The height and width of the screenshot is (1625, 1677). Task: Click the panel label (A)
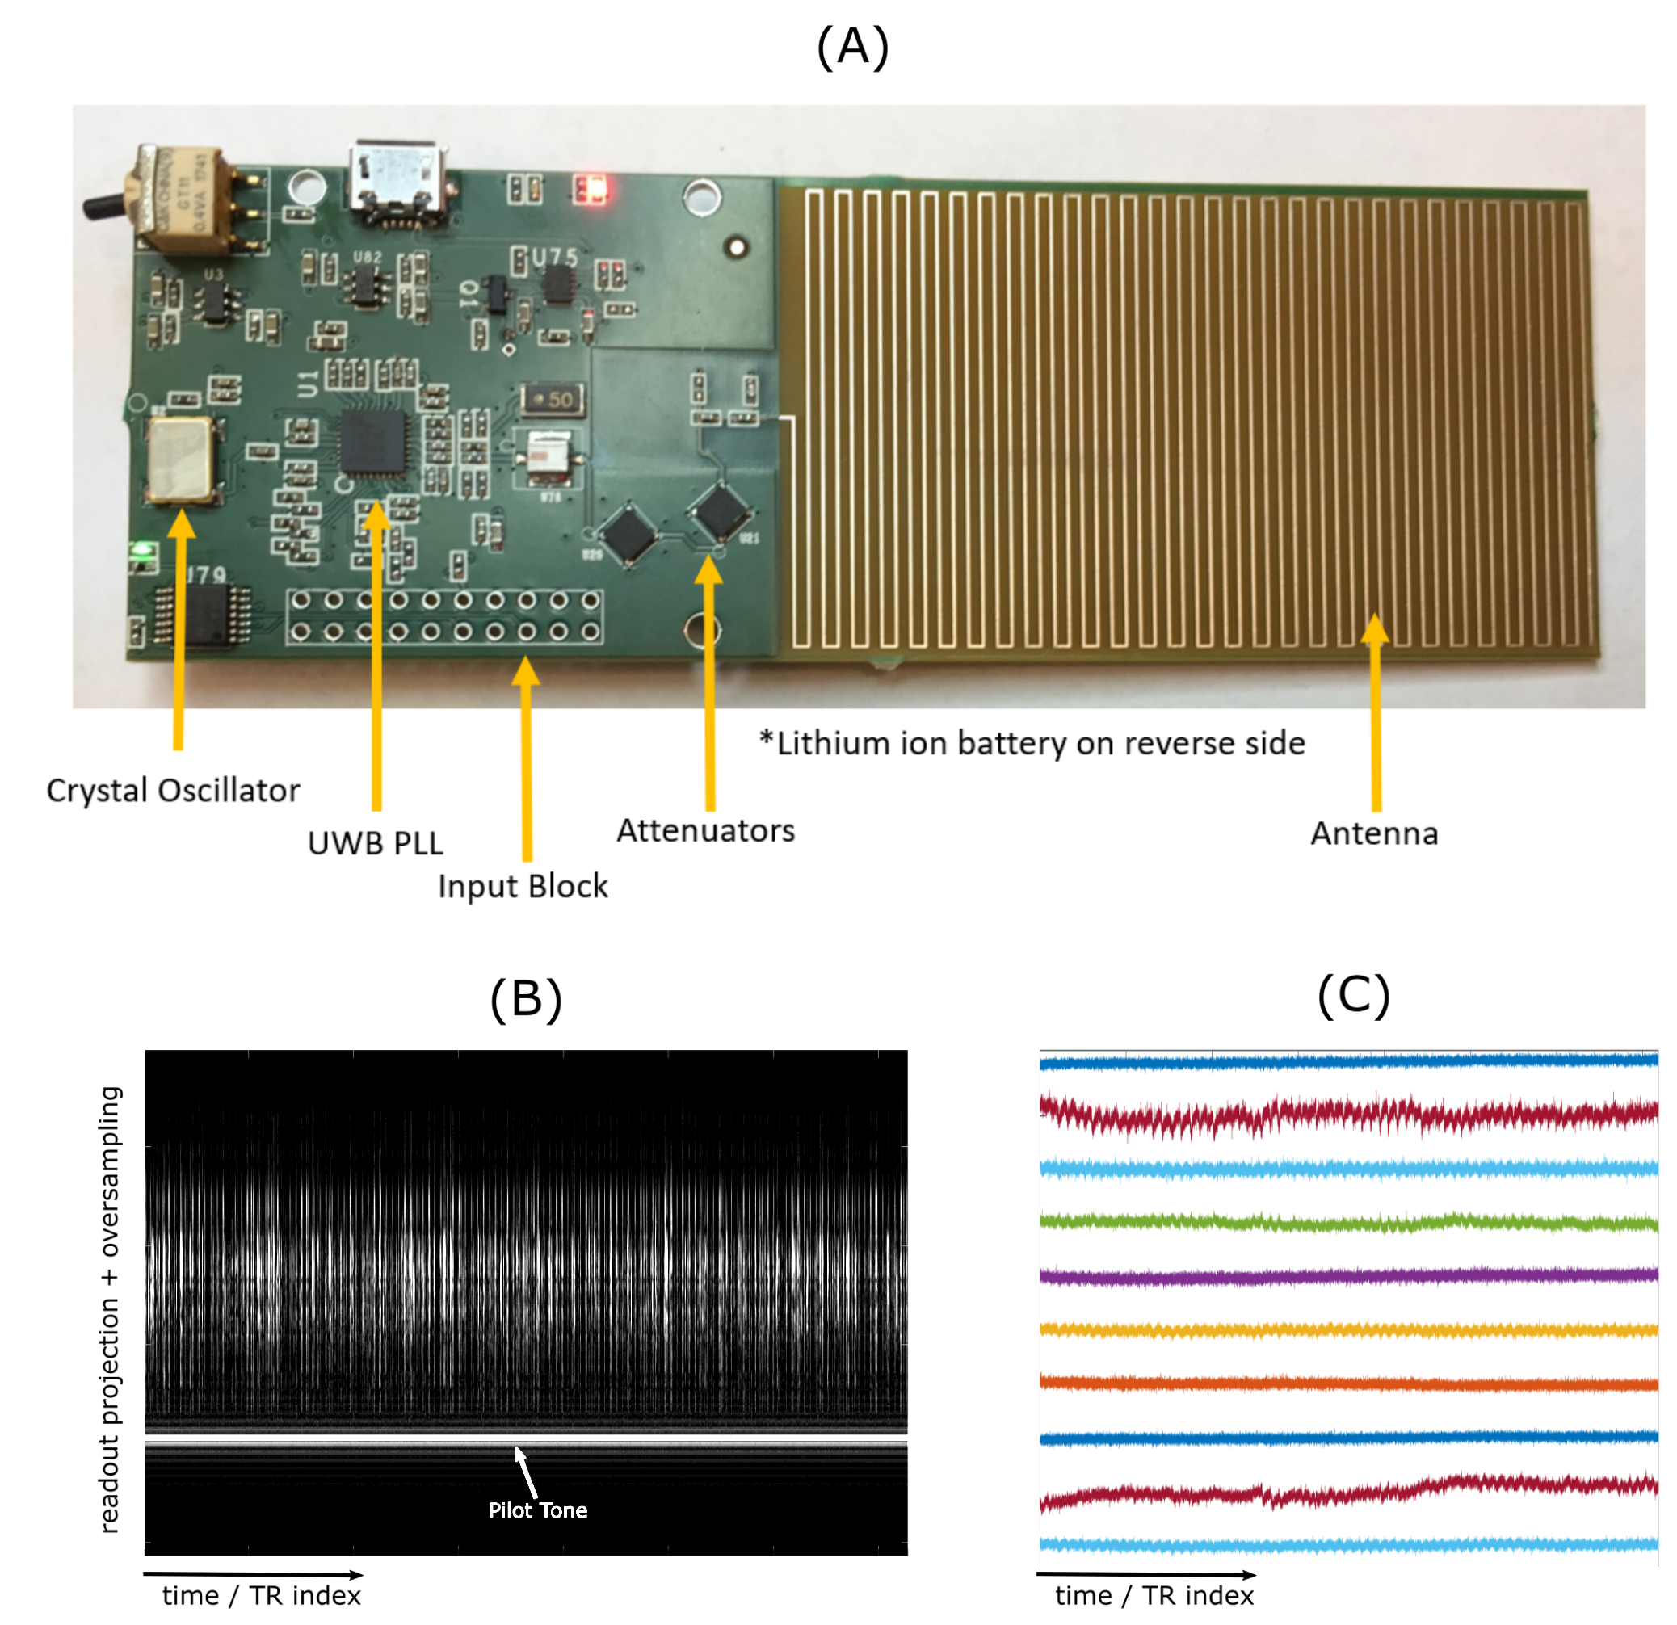[x=852, y=47]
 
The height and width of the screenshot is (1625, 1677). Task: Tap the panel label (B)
[x=525, y=998]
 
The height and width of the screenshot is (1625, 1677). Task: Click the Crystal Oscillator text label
[x=173, y=790]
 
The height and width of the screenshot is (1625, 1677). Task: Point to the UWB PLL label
[x=375, y=843]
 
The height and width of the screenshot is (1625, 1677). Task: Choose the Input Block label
[x=523, y=886]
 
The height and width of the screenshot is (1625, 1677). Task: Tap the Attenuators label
[x=706, y=830]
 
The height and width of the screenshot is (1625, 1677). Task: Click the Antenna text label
[x=1374, y=833]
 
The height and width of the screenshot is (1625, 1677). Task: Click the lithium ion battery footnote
[x=1032, y=743]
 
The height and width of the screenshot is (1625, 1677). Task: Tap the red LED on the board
[x=591, y=189]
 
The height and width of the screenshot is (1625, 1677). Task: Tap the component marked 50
[x=553, y=398]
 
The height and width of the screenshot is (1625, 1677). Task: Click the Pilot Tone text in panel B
[x=537, y=1510]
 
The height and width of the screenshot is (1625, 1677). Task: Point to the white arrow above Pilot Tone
[x=525, y=1468]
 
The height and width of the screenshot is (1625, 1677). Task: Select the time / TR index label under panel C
[x=1154, y=1595]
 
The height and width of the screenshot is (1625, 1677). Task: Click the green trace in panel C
[x=1348, y=1222]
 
